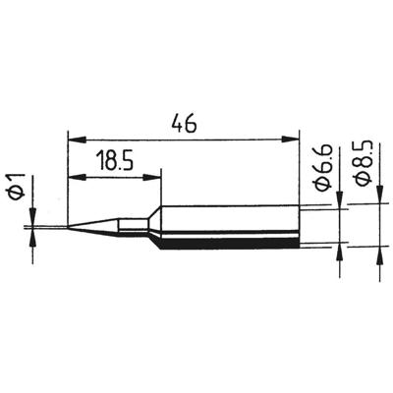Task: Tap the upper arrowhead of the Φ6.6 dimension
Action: coord(340,203)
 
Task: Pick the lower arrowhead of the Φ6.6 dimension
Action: coord(340,249)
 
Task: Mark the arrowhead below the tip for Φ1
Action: coord(33,237)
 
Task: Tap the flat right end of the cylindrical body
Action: coord(298,226)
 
